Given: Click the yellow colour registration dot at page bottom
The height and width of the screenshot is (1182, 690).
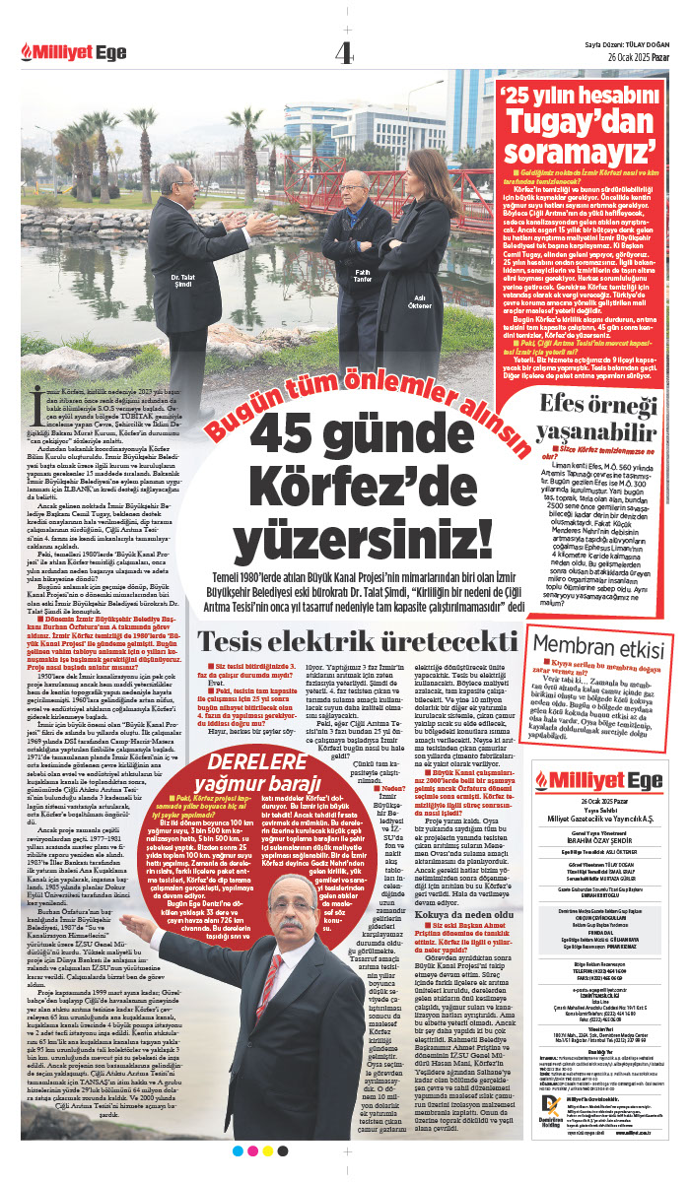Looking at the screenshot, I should (268, 1150).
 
